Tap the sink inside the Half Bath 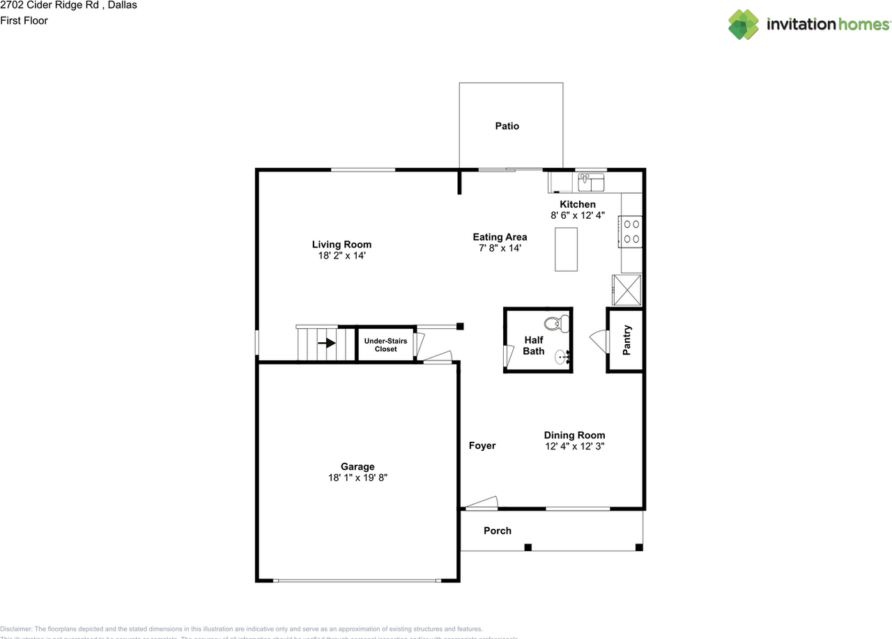[562, 357]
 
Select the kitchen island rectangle [566, 249]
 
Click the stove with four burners [631, 231]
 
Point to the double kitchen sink [591, 183]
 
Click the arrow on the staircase [326, 343]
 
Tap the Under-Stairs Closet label [385, 345]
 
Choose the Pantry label [627, 340]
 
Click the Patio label [507, 126]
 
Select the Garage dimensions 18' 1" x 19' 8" [357, 478]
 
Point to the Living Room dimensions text [341, 256]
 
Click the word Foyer [482, 445]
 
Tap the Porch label [498, 530]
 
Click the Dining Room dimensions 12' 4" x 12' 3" [574, 447]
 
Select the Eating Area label [500, 237]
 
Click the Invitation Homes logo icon [744, 24]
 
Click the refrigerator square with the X [626, 290]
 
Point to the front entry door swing [482, 502]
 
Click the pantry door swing [599, 340]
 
